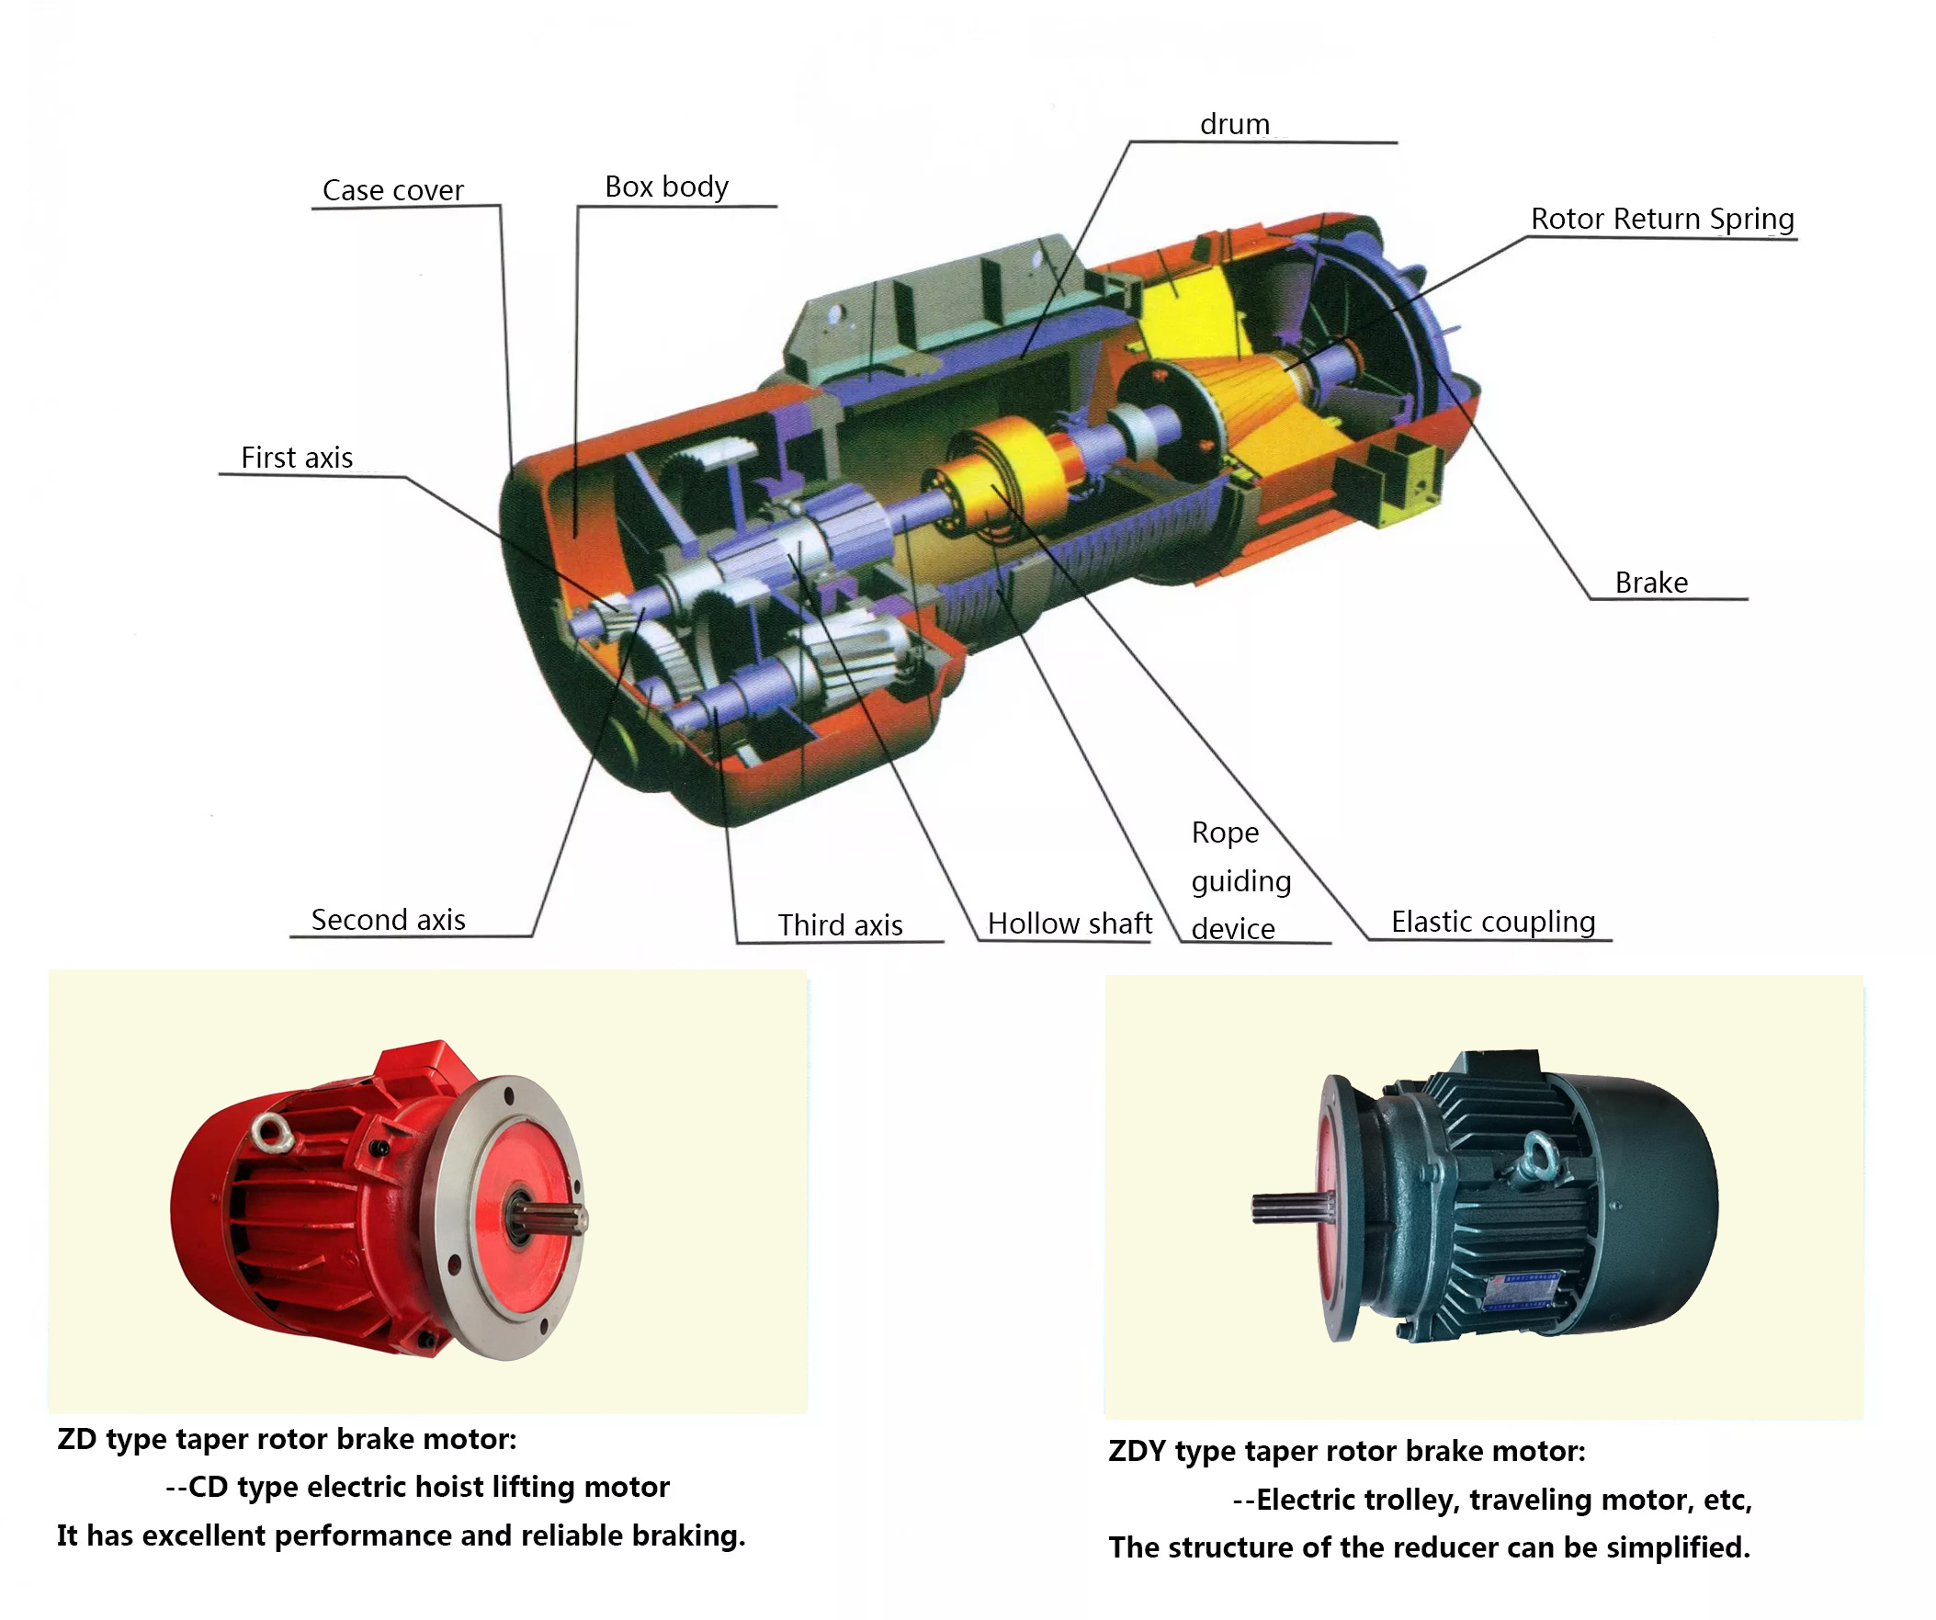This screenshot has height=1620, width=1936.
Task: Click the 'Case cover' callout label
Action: [x=392, y=190]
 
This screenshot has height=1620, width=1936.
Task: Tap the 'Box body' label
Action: [x=665, y=187]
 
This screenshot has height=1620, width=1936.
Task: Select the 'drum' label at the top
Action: [x=1234, y=123]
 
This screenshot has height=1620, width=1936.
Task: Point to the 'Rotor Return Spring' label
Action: [x=1662, y=219]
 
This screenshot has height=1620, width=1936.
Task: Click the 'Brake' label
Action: [x=1651, y=583]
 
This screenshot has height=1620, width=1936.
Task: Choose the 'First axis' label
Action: [x=297, y=458]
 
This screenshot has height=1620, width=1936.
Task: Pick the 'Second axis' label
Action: [x=388, y=919]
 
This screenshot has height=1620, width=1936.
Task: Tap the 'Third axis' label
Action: [x=840, y=924]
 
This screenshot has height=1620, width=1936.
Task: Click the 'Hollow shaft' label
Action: [x=1070, y=923]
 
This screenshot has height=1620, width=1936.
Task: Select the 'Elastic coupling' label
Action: [x=1492, y=921]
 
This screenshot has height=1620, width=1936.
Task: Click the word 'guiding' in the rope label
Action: [x=1240, y=880]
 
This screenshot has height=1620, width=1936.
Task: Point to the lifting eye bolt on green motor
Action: [x=1537, y=1157]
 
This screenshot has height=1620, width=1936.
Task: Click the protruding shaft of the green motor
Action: [x=1286, y=1207]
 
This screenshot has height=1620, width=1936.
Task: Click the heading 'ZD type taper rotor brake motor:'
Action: [x=287, y=1439]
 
